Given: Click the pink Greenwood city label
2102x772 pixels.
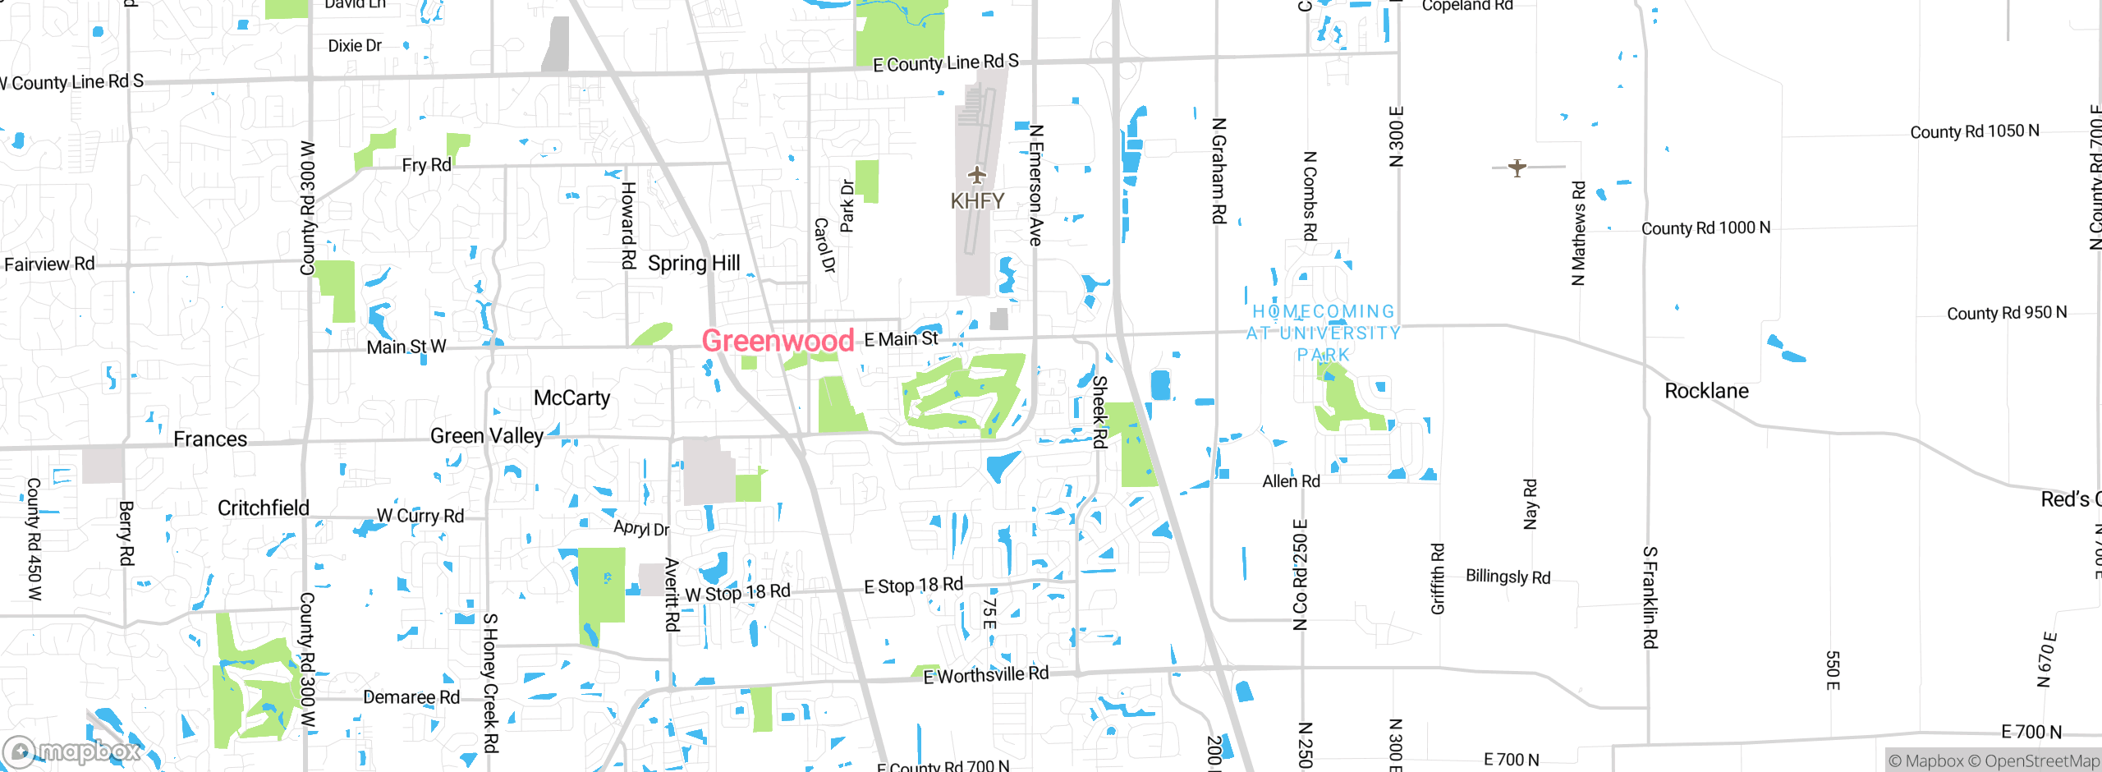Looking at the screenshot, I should coord(778,340).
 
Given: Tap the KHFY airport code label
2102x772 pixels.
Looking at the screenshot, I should coord(977,201).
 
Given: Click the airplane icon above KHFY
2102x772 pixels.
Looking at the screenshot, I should coord(976,175).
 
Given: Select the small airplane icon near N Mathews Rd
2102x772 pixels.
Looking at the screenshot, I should coord(1517,168).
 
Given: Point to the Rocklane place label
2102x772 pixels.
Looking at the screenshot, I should coord(1706,391).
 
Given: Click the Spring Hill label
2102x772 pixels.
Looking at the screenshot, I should coord(694,264).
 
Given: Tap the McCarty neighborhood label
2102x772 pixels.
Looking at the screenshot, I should coord(571,398).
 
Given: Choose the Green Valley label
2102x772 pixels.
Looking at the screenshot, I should coord(487,436).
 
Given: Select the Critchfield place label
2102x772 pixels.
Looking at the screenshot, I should coord(263,508).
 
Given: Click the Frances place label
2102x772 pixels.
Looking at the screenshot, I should coord(210,439).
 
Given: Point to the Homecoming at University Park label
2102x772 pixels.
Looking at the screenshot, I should coord(1323,333).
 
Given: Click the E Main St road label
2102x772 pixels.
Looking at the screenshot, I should coord(901,339).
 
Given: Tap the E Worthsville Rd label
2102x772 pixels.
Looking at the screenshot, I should coord(985,675).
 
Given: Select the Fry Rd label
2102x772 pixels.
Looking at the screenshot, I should coord(426,165).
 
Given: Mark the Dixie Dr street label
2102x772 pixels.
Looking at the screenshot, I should coord(355,46).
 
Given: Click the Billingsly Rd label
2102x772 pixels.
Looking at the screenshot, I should coord(1508,577).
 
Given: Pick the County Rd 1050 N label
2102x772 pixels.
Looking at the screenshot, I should coord(1974,131).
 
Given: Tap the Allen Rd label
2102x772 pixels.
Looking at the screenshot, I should coord(1291,481).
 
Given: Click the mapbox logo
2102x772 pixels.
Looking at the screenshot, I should coord(72,751).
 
